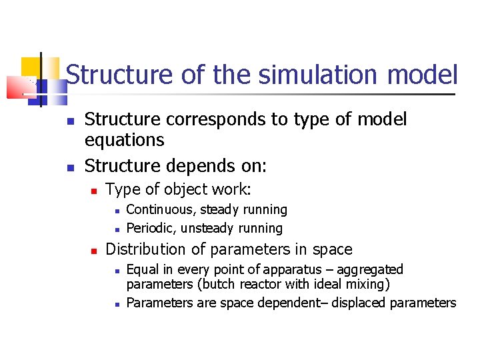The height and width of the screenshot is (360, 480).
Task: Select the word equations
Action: coord(124,140)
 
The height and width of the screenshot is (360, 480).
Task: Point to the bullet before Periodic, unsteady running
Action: coord(117,229)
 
